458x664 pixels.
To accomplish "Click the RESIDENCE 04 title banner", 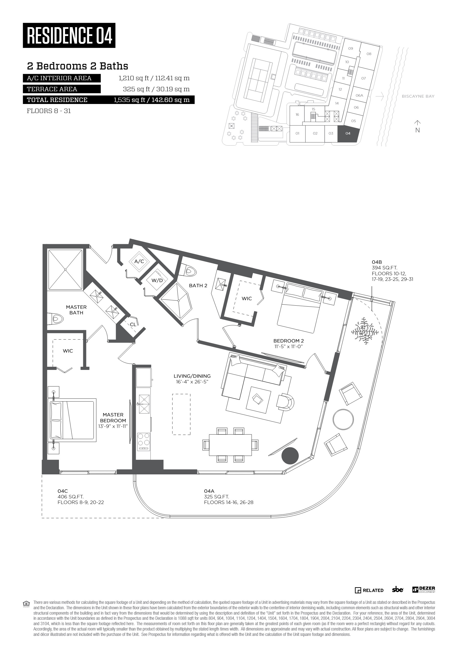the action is (69, 35).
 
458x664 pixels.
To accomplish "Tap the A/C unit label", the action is (139, 261).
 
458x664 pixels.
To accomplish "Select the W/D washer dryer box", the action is (157, 280).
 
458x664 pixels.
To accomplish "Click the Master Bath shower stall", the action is (65, 270).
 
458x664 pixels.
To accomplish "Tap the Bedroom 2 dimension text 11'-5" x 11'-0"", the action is (288, 346).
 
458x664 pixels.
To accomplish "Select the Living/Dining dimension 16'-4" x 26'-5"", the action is (192, 382).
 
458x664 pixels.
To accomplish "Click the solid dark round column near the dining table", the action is (290, 456).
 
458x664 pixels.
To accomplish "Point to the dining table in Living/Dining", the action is (230, 445).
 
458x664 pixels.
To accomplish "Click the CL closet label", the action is (133, 325).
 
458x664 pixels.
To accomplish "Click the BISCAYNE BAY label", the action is (418, 96).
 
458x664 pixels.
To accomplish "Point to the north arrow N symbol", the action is (417, 126).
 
